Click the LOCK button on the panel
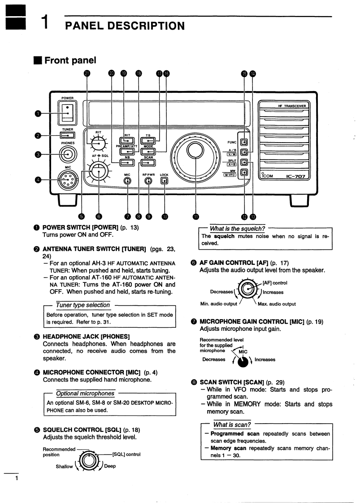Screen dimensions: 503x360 click(165, 181)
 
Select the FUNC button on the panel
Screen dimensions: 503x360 click(244, 143)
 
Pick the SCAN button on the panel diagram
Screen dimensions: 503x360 click(148, 163)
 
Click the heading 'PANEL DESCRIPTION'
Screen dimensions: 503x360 click(125, 26)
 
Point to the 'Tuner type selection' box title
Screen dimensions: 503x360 click(83, 305)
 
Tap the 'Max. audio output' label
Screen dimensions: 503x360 click(277, 304)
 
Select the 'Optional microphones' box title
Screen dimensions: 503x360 click(85, 394)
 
